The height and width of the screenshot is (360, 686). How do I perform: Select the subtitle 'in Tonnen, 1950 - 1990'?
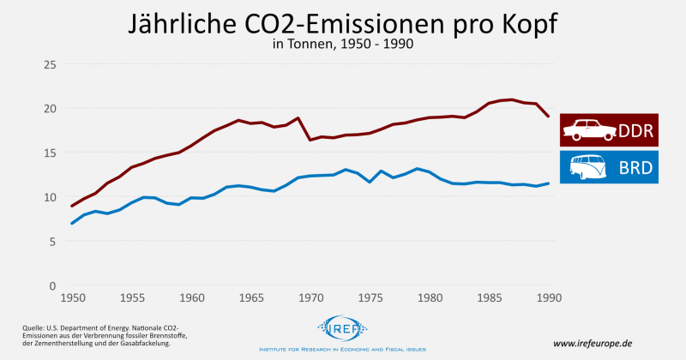point(342,45)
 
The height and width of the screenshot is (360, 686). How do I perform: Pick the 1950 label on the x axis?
point(72,299)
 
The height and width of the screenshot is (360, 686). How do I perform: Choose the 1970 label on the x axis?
point(310,299)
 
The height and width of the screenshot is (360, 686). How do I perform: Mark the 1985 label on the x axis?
point(489,299)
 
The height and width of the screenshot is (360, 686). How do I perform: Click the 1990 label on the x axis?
point(549,299)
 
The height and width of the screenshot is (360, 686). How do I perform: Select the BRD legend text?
point(635,167)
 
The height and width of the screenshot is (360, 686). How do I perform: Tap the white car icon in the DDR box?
point(588,130)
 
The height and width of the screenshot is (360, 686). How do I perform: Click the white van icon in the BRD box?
point(588,167)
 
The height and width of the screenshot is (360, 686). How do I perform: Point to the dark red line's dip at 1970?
point(310,140)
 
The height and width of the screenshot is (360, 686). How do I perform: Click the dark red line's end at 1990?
point(549,117)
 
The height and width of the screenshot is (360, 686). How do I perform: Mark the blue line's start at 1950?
point(72,224)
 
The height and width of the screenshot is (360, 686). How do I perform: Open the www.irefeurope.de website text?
point(593,343)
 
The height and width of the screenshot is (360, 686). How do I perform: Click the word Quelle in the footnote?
point(34,327)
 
